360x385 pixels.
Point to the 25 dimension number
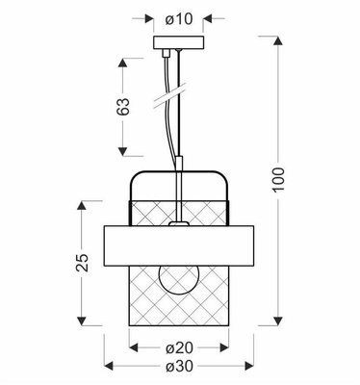[83, 262]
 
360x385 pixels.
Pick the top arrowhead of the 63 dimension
[123, 61]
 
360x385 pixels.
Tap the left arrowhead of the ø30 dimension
[107, 368]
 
